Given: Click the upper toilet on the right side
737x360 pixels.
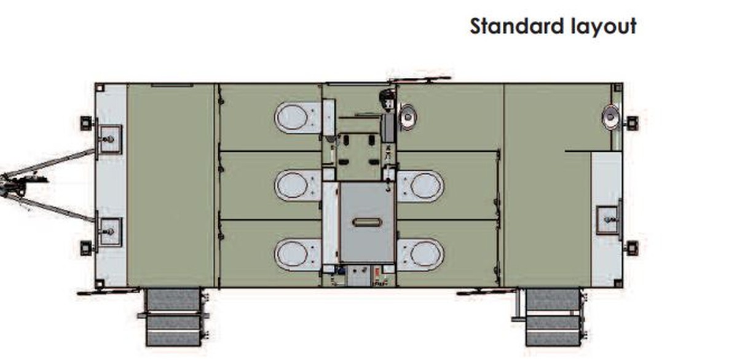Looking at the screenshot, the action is coord(420,186).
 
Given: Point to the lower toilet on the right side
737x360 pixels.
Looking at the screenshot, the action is coord(420,254).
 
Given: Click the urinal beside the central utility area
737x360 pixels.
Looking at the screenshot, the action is coord(407,117).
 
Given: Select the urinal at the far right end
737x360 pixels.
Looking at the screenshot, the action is coord(611,117).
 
